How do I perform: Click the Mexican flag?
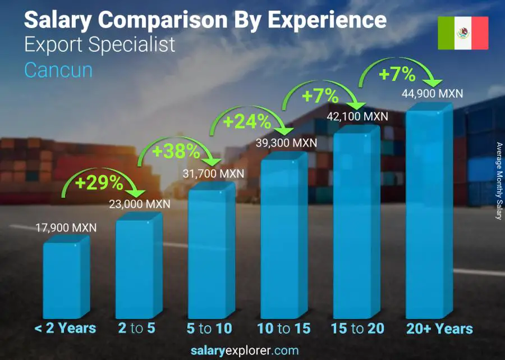(x=463, y=33)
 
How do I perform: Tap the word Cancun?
(x=58, y=70)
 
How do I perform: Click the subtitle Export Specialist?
(x=100, y=45)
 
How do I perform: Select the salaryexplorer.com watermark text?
(x=252, y=350)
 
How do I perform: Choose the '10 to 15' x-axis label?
(x=283, y=329)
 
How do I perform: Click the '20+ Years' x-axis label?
(x=439, y=329)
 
